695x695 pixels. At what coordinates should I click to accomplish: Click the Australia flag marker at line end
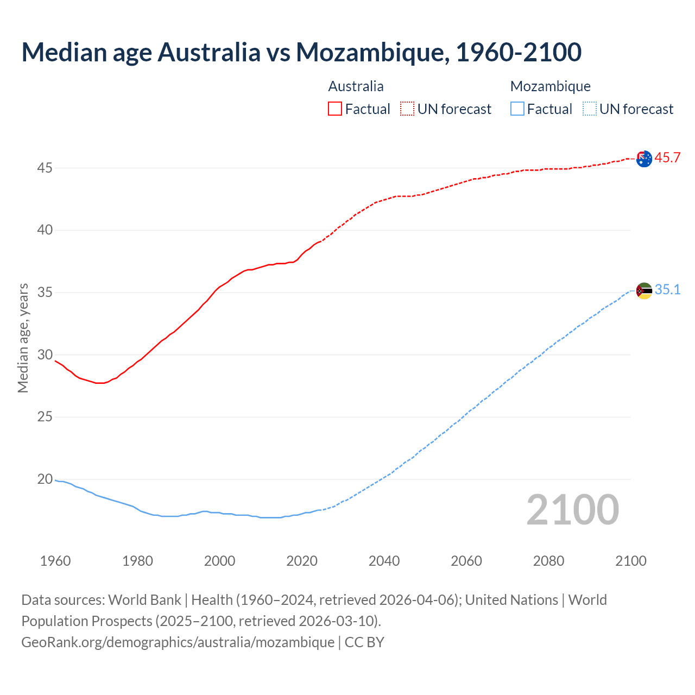644,159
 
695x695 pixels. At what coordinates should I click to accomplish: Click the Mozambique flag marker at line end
644,290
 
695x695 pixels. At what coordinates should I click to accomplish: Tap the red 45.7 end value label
667,158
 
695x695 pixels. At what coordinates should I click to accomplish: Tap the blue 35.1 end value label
667,290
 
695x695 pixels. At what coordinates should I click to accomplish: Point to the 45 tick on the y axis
45,168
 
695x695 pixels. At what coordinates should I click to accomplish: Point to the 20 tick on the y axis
45,479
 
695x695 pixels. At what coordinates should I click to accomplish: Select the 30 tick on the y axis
45,355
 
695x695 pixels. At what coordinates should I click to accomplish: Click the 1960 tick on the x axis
55,561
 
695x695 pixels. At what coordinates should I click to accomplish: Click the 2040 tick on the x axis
384,561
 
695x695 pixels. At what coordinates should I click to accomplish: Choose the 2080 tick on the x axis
548,561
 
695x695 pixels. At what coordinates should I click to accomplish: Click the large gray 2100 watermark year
572,510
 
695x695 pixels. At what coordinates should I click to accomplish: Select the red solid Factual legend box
335,109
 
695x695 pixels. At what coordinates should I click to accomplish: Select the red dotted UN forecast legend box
407,109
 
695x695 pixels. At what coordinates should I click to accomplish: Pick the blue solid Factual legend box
517,109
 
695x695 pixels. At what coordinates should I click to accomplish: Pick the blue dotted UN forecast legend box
589,109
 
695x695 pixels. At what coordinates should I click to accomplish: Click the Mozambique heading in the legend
550,86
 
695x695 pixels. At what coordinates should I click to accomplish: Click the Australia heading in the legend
356,86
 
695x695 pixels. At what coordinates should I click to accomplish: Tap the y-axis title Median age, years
23,338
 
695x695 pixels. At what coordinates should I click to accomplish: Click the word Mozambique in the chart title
372,52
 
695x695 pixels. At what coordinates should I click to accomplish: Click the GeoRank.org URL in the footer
178,642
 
